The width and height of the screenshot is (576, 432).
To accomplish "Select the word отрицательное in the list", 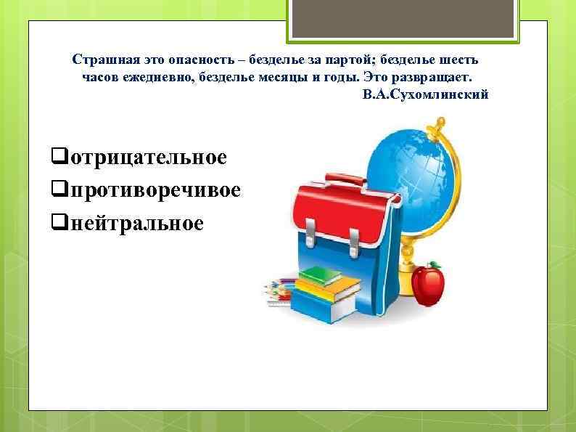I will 144,157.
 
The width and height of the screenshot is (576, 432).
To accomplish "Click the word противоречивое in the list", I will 152,189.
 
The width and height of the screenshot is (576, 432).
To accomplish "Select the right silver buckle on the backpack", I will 354,237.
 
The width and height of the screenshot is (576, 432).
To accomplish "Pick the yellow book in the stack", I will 326,290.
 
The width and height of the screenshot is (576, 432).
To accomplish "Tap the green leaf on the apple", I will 435,264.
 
